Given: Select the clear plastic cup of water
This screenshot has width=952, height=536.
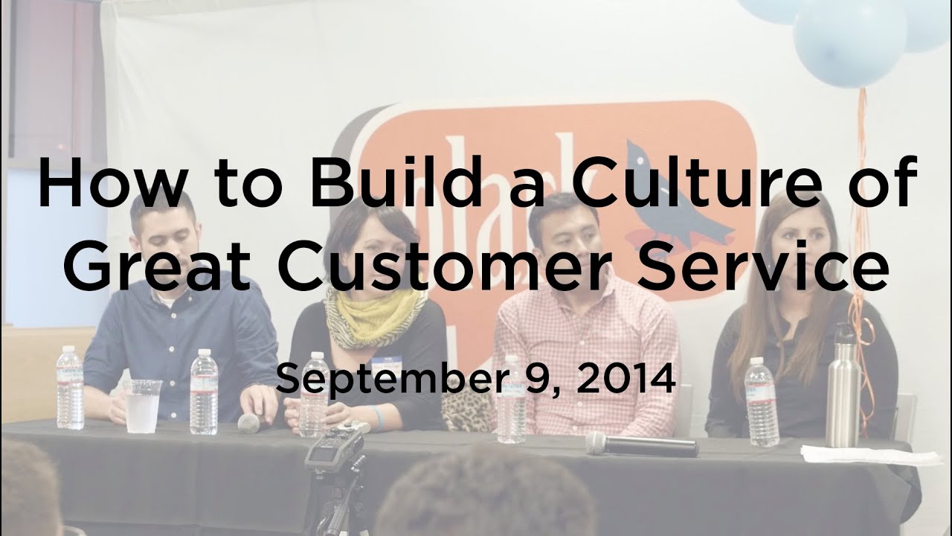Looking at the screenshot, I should [x=142, y=406].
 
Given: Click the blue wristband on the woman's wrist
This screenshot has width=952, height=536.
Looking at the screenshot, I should [x=380, y=418].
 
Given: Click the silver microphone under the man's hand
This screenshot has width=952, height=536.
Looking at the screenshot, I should [x=248, y=423].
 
